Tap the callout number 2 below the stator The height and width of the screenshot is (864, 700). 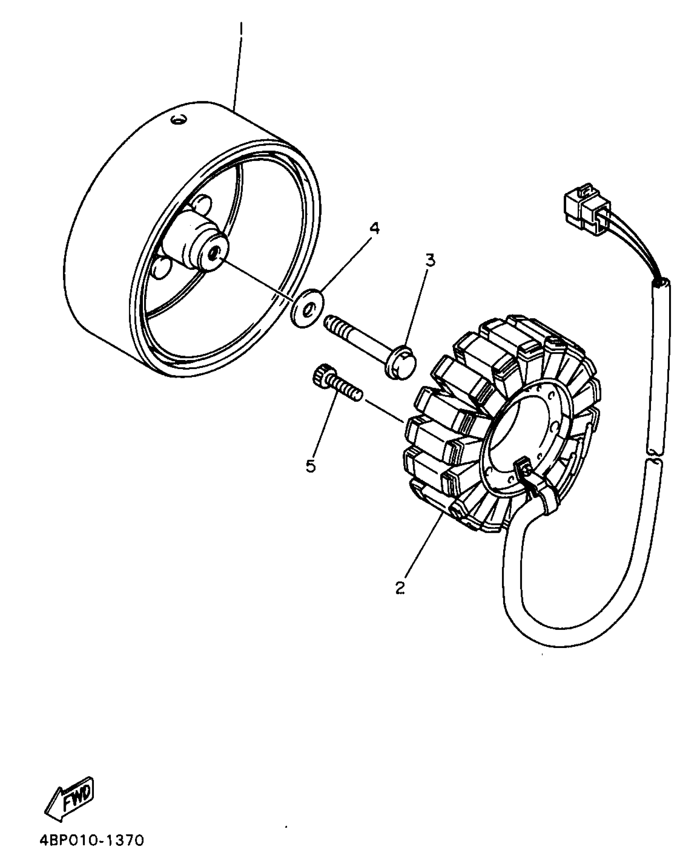tap(399, 587)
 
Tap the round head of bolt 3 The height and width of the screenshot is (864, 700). tap(401, 361)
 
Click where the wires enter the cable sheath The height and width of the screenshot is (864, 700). tap(661, 283)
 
